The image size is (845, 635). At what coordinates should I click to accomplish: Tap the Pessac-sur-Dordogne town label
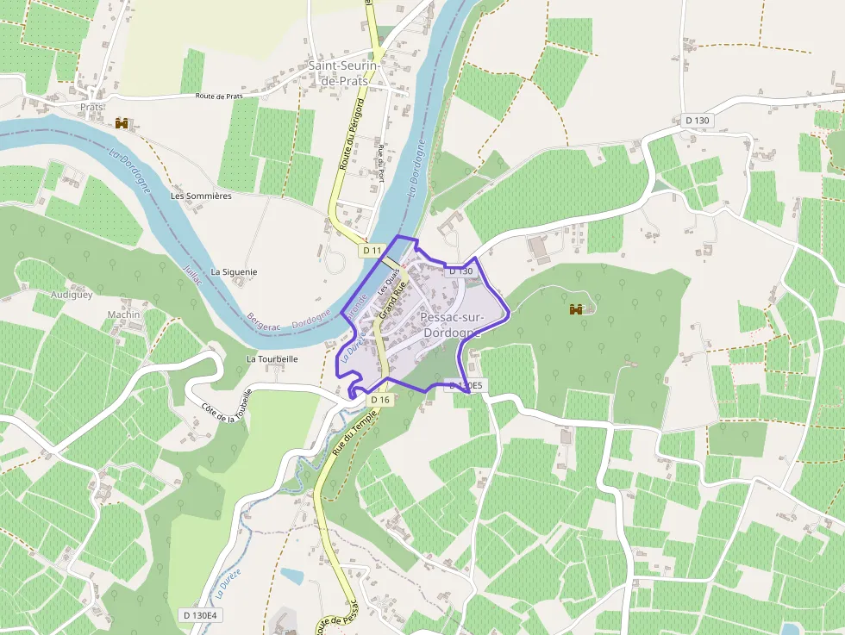click(453, 325)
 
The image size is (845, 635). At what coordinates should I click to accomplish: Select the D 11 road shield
click(372, 250)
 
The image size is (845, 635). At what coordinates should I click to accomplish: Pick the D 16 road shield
click(380, 400)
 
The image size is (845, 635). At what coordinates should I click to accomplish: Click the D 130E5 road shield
click(465, 386)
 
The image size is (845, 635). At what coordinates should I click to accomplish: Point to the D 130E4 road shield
click(201, 614)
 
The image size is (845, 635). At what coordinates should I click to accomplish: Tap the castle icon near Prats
click(122, 123)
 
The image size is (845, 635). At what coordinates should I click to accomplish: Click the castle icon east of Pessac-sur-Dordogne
click(577, 308)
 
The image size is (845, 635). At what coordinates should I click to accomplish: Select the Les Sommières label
click(201, 196)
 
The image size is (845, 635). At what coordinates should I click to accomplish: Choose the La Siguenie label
click(234, 271)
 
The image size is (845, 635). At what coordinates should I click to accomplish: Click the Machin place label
click(123, 314)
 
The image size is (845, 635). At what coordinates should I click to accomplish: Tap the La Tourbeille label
click(272, 358)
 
